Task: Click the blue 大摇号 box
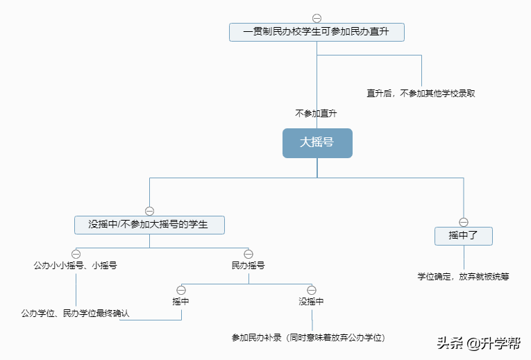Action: coord(317,143)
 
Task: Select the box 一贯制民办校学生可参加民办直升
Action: coord(317,32)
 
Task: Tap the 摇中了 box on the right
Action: coord(464,236)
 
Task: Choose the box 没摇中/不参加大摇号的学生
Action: coord(149,225)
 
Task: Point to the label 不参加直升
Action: coord(317,112)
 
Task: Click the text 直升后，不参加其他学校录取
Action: coord(421,93)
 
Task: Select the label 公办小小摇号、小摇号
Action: coord(76,265)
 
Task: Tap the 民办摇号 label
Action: coord(248,265)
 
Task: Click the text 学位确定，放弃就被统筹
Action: coord(463,276)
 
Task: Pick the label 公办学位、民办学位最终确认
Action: coord(75,314)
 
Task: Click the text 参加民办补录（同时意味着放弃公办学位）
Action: coord(308,338)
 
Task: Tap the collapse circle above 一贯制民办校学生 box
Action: coord(317,18)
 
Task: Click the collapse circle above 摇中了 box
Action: coord(464,222)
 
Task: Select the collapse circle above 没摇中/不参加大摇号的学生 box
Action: coord(149,211)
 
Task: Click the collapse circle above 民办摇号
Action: coord(248,254)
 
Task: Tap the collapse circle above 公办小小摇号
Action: coord(76,254)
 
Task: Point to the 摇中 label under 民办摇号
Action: coord(181,301)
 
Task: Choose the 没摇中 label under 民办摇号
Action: coord(311,301)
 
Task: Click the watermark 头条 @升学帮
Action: coord(479,343)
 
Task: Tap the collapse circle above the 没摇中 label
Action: coord(312,289)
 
